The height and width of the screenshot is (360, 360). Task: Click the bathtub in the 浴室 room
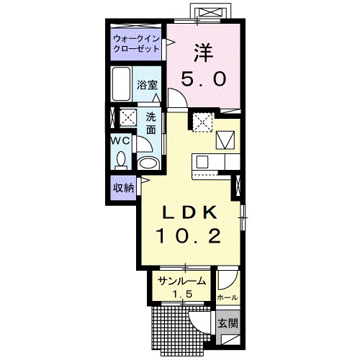[122, 84]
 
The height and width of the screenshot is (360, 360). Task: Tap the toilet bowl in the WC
[121, 160]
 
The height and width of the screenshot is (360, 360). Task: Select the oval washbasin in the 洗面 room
[148, 163]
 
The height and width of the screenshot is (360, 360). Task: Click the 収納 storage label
[123, 188]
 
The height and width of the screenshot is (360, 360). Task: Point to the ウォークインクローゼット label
[136, 44]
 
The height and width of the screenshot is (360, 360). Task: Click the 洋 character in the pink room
[203, 53]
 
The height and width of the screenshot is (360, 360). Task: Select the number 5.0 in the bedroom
[204, 79]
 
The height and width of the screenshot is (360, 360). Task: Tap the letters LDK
[189, 212]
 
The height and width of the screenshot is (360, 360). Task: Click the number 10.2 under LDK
[189, 236]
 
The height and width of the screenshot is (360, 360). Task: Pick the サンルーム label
[182, 281]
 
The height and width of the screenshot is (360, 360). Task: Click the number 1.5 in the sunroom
[183, 293]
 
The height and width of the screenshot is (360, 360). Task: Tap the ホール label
[228, 297]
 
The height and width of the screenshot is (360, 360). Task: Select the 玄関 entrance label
[228, 324]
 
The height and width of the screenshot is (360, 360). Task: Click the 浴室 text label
[147, 85]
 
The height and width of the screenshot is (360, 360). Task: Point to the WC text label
[120, 140]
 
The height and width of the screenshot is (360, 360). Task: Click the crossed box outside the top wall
[208, 12]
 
